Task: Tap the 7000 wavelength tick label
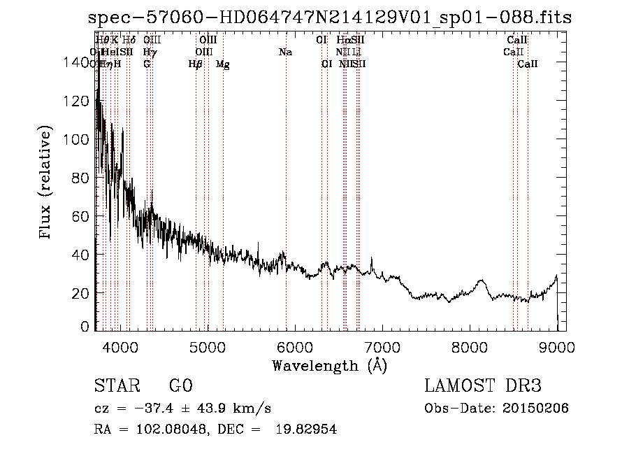click(382, 346)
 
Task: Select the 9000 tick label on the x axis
click(556, 346)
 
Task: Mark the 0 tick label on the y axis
click(86, 327)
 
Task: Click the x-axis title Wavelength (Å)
click(329, 365)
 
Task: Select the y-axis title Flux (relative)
click(47, 183)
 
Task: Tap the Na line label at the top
click(285, 52)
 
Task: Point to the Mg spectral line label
click(223, 64)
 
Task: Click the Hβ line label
click(196, 64)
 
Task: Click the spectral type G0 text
click(180, 387)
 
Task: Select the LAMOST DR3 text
click(483, 387)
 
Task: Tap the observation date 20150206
click(539, 409)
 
